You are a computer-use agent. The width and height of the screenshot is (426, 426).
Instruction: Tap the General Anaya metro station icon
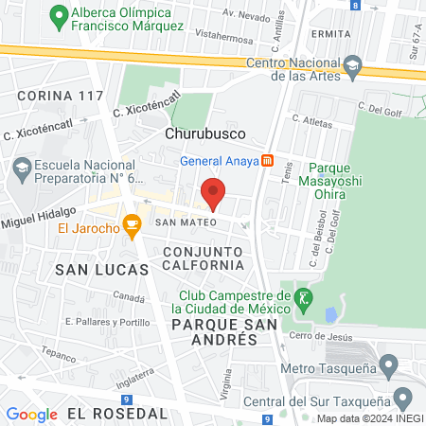(x=268, y=159)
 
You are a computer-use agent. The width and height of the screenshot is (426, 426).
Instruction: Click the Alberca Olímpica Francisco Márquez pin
(x=60, y=15)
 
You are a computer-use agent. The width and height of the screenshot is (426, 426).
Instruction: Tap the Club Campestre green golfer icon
(x=303, y=297)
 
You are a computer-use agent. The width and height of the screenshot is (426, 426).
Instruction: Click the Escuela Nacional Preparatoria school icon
(x=22, y=169)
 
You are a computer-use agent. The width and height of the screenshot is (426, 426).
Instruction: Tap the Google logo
(x=31, y=414)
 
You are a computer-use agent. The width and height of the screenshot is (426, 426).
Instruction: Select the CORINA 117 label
(x=60, y=96)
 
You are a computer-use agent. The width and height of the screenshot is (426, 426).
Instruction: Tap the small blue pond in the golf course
(x=331, y=313)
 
